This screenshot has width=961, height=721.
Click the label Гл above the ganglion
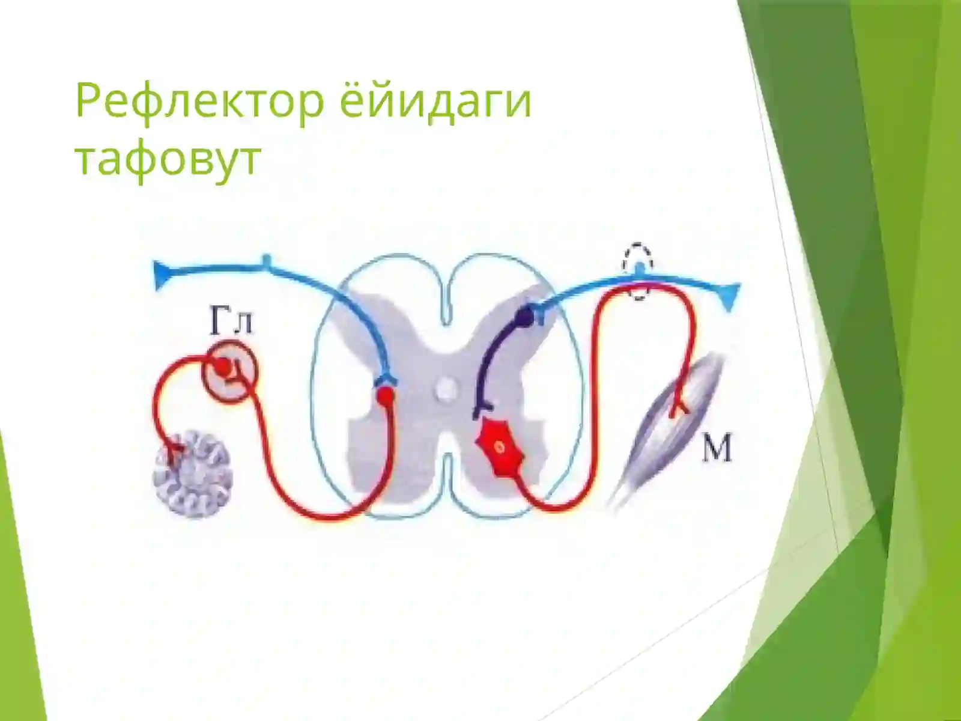(x=231, y=323)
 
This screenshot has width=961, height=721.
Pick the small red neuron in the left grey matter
(x=386, y=395)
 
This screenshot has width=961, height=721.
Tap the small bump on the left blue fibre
(x=267, y=260)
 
